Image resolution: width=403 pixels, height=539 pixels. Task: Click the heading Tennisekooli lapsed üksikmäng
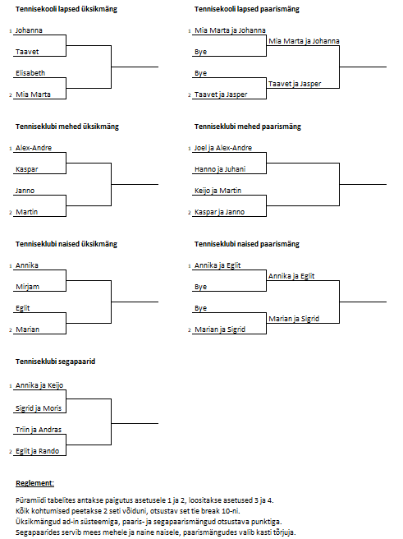pyautogui.click(x=66, y=9)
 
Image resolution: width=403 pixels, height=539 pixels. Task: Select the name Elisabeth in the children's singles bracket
pyautogui.click(x=30, y=73)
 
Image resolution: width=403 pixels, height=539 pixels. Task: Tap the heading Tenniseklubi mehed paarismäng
pyautogui.click(x=248, y=127)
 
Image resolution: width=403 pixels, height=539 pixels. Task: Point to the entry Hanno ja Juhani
pyautogui.click(x=220, y=169)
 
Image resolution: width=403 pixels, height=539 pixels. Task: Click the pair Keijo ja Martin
pyautogui.click(x=218, y=191)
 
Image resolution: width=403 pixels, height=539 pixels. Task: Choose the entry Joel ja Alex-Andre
pyautogui.click(x=223, y=148)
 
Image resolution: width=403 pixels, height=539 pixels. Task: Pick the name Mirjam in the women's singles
pyautogui.click(x=27, y=287)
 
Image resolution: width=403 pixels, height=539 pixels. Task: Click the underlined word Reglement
pyautogui.click(x=34, y=483)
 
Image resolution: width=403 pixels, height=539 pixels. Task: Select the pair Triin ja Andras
pyautogui.click(x=39, y=430)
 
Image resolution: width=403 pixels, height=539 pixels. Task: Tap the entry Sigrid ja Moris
pyautogui.click(x=39, y=408)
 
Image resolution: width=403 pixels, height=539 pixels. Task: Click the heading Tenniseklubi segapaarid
pyautogui.click(x=55, y=362)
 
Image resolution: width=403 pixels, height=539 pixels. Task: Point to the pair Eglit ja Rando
pyautogui.click(x=38, y=451)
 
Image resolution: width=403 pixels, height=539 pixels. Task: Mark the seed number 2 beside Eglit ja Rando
pyautogui.click(x=11, y=452)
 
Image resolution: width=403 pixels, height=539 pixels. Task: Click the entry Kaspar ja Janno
pyautogui.click(x=219, y=212)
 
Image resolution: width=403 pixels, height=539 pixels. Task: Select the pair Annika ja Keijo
pyautogui.click(x=39, y=385)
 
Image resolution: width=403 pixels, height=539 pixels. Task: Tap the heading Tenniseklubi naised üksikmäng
pyautogui.click(x=66, y=244)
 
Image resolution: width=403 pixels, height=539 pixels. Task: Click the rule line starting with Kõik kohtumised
pyautogui.click(x=128, y=511)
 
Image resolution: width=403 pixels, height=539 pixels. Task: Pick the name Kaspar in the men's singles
pyautogui.click(x=27, y=169)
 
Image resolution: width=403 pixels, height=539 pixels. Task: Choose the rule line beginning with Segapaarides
pyautogui.click(x=156, y=532)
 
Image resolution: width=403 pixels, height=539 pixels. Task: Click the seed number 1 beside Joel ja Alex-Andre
pyautogui.click(x=190, y=149)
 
